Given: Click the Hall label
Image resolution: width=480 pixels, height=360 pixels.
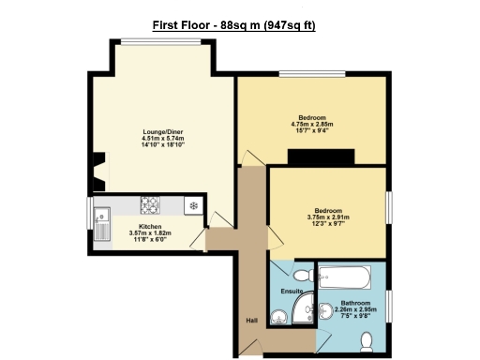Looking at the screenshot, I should tap(251, 321).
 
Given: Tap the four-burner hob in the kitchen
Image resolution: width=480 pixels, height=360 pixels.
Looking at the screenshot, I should tap(152, 204).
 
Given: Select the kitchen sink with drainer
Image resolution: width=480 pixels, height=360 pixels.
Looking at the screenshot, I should tap(103, 223).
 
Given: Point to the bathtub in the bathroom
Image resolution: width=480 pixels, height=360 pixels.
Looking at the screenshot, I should tap(349, 278).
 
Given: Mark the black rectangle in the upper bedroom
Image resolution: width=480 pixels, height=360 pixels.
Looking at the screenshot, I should tap(321, 157).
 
